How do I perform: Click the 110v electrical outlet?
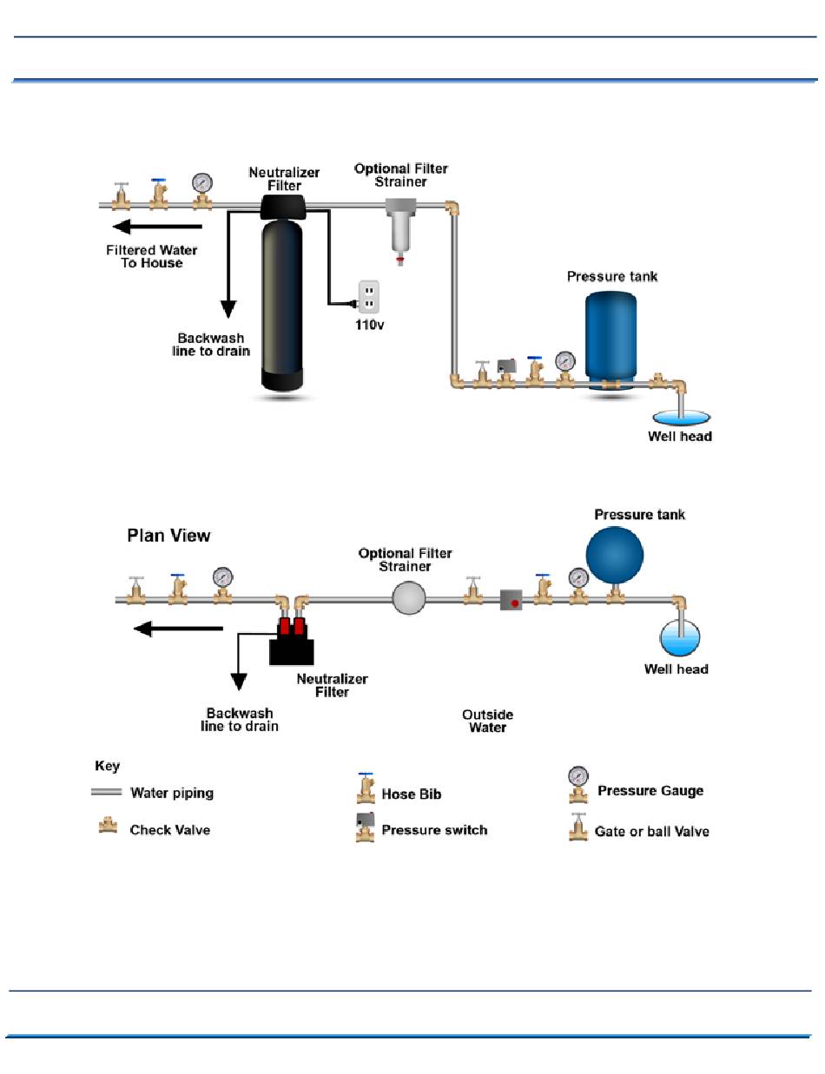click(367, 297)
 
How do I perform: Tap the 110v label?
click(369, 325)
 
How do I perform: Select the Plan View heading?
click(168, 536)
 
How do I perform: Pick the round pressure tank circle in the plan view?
click(614, 555)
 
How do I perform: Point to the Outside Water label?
click(487, 721)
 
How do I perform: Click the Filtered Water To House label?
click(151, 256)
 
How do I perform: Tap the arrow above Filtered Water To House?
click(157, 227)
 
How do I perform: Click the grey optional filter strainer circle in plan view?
click(408, 598)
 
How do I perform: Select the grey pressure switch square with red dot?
click(511, 600)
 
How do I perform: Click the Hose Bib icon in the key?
click(366, 787)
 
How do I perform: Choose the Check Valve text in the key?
click(169, 830)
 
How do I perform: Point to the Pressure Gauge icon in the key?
click(577, 784)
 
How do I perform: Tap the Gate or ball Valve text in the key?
click(651, 831)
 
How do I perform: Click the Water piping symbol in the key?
click(106, 792)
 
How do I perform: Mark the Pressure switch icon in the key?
click(366, 827)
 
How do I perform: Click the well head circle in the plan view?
click(680, 637)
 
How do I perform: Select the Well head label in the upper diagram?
click(680, 437)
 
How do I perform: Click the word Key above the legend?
click(108, 766)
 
